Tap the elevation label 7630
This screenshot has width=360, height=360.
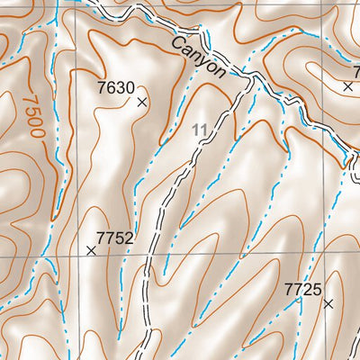pos(115,87)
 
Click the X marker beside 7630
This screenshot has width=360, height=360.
pos(141,102)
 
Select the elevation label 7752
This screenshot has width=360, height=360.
pos(114,238)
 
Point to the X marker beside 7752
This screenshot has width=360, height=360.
pos(91,250)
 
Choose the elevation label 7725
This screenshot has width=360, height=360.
pos(302,289)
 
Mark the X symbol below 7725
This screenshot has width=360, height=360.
pos(328,304)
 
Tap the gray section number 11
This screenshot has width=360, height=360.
pos(200,131)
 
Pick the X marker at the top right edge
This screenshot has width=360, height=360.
pos(348,86)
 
